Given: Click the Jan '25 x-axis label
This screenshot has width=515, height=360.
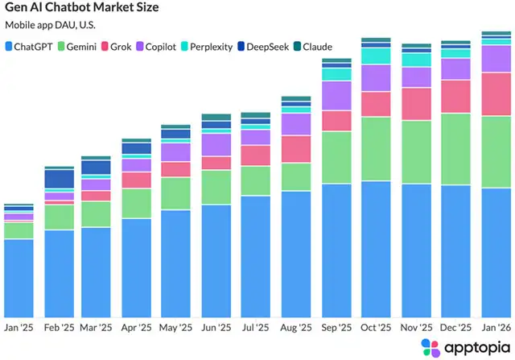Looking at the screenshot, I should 19,329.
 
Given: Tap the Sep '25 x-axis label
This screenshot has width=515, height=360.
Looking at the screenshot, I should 336,329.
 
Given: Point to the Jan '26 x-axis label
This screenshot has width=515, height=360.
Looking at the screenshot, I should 496,329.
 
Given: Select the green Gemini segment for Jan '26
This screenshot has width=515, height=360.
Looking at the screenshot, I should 496,151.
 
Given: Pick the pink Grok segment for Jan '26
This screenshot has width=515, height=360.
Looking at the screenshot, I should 496,93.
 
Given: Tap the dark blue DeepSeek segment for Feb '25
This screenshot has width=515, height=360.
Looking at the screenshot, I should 59,179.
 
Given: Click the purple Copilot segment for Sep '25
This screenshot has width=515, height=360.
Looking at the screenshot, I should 336,95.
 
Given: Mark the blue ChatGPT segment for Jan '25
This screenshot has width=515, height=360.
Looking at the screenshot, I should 19,277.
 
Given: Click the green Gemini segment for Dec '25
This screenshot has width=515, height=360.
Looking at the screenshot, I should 456,149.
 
